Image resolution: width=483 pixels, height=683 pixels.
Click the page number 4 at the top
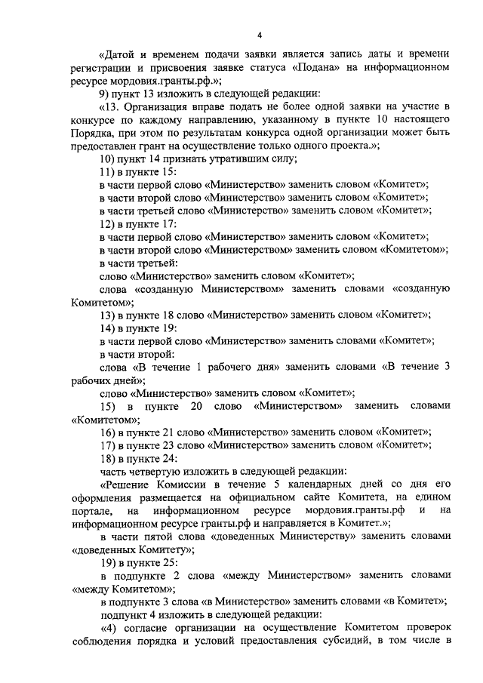click(x=259, y=35)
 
